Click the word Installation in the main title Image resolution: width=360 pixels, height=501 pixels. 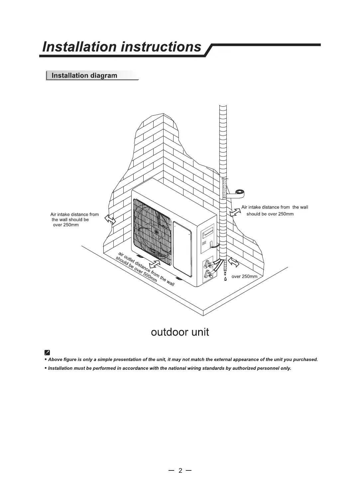coord(79,47)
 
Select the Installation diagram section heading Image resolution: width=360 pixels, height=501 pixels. coord(84,75)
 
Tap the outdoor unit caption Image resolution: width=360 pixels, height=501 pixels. coord(180,332)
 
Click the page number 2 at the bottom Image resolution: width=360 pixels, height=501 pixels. coord(180,470)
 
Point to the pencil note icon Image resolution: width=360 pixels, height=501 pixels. coord(47,352)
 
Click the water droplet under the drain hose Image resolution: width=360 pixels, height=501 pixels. coord(225,279)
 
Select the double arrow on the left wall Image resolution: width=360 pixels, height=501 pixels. coord(110,220)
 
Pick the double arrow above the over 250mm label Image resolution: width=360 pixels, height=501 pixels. coord(233,263)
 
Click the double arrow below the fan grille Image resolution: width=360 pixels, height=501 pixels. coord(154,264)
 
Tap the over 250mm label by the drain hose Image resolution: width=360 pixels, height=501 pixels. coord(244,276)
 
